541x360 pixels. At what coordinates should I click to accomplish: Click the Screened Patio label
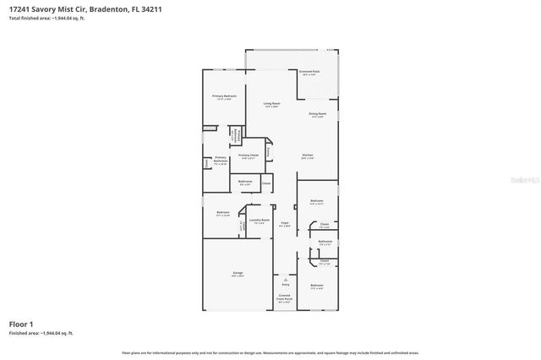(x=309, y=73)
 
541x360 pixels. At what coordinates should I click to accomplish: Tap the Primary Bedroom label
(x=224, y=97)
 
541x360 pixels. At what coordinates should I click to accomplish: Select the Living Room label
(x=271, y=105)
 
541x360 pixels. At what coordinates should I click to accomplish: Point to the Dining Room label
(x=317, y=114)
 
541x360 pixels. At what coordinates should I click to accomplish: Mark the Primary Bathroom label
(x=220, y=161)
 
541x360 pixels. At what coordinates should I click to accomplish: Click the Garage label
(x=238, y=272)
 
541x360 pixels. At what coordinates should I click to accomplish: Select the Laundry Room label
(x=259, y=221)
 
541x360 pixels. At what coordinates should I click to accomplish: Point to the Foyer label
(x=285, y=224)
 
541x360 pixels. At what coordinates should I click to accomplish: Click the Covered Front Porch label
(x=285, y=297)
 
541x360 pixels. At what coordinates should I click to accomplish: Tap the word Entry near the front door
(x=285, y=285)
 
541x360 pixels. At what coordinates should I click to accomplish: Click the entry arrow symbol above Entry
(x=285, y=279)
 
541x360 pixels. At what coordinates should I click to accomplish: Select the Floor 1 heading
(x=21, y=325)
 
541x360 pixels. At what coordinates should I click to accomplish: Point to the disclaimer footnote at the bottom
(x=270, y=352)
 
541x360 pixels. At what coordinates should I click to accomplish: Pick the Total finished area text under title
(x=46, y=18)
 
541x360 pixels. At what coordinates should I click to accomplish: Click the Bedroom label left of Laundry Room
(x=222, y=213)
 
